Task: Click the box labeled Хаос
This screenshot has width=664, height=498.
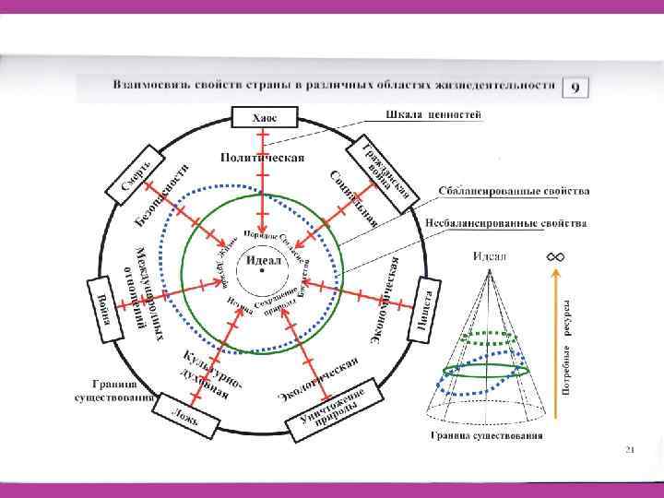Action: (263, 117)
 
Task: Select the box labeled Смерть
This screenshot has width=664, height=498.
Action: (144, 175)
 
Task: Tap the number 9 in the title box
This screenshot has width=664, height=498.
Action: (575, 88)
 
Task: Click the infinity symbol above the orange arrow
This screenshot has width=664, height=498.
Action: (556, 255)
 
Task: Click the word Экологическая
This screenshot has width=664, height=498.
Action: (319, 378)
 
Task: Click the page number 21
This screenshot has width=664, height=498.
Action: (630, 449)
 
